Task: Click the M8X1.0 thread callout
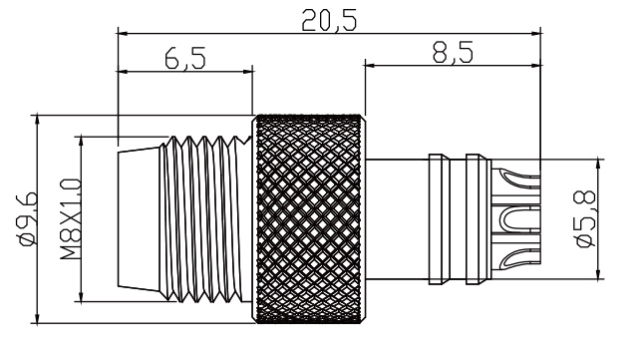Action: point(68,219)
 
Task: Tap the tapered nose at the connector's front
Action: point(141,217)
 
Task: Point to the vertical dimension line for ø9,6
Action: point(37,217)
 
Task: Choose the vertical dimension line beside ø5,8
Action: point(597,218)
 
